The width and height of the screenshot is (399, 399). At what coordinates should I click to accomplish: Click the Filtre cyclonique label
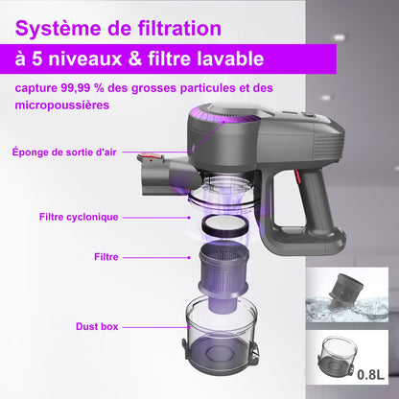click(x=79, y=217)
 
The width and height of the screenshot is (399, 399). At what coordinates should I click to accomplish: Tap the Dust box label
click(x=96, y=327)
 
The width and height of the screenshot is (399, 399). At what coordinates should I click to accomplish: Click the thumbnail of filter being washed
click(x=349, y=294)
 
